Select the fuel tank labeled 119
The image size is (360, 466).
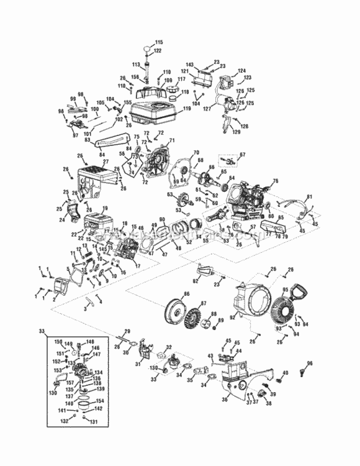pos(155,116)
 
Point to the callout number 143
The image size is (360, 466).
pos(189,65)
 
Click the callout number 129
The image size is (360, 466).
pos(235,132)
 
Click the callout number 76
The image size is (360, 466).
pos(276,181)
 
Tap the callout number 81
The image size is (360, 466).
pos(309,197)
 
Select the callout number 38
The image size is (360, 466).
pos(268,403)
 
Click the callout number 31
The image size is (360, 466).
pos(138,364)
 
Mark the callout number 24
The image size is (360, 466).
pos(62,219)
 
